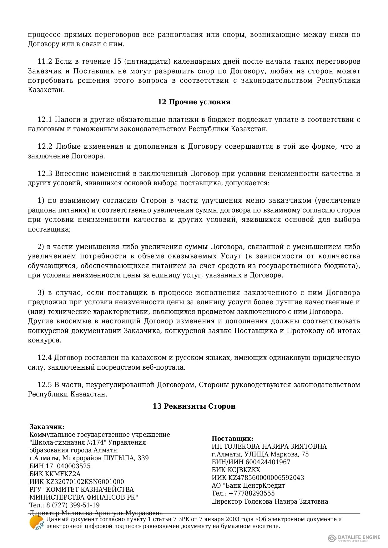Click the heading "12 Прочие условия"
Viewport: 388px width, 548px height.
pyautogui.click(x=194, y=102)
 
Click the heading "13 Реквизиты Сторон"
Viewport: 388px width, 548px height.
pyautogui.click(x=194, y=406)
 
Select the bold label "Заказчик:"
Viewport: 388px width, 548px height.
pyautogui.click(x=47, y=427)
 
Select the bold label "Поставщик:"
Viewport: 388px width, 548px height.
pyautogui.click(x=233, y=439)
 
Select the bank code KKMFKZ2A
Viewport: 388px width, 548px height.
pyautogui.click(x=63, y=474)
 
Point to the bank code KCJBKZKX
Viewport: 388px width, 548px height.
pyautogui.click(x=244, y=470)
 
